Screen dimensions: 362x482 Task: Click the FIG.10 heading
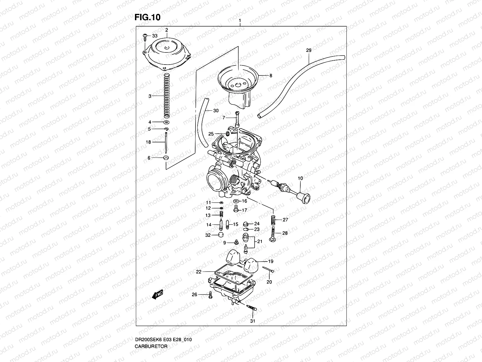tap(147, 17)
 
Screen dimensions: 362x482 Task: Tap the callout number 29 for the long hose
tap(308, 50)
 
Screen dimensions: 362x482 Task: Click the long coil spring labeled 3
tap(167, 97)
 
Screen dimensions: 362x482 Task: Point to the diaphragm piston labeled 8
tap(238, 84)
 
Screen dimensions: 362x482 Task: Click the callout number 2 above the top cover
tap(166, 30)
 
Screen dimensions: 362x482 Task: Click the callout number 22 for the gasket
tap(199, 272)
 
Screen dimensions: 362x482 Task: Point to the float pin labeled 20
tap(268, 269)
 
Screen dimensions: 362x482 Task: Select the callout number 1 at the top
tap(240, 21)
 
